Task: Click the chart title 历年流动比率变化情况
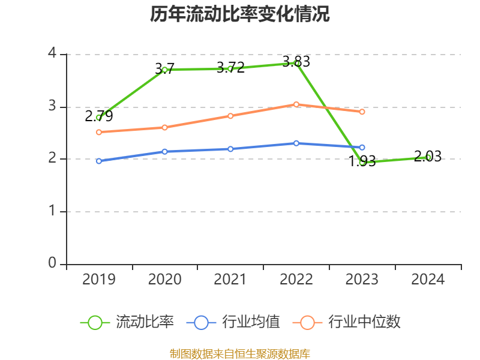pos(240,14)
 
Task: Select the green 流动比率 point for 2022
pos(296,63)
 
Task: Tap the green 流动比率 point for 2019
pos(99,118)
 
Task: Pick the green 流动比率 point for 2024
pos(428,157)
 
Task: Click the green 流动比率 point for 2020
pos(164,70)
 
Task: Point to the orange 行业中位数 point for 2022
pos(296,104)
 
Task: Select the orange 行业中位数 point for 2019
pos(99,132)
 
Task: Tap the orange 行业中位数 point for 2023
pos(362,112)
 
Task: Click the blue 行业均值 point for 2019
pos(99,161)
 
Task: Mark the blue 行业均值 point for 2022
pos(296,143)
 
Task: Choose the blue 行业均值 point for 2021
pos(230,149)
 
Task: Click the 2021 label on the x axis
pos(230,280)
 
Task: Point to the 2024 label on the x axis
pos(428,280)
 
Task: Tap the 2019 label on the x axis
pos(99,280)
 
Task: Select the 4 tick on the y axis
pos(52,54)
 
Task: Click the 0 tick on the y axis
pos(52,263)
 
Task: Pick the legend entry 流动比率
pos(127,322)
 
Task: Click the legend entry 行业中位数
pos(347,322)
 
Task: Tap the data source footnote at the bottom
pos(240,353)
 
